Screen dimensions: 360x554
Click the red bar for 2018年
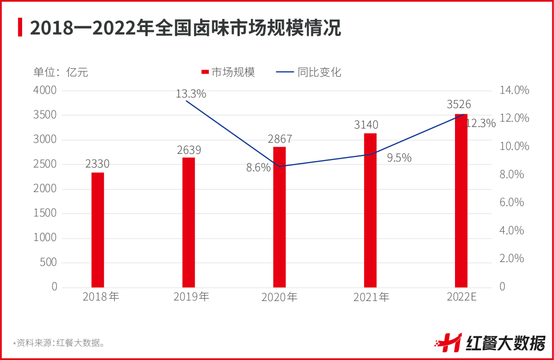tap(97, 230)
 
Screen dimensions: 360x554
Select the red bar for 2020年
tap(280, 217)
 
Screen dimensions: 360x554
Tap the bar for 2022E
tap(461, 201)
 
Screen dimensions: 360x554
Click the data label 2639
tap(188, 150)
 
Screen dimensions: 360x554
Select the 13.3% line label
tap(191, 94)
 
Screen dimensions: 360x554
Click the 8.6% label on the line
tap(258, 167)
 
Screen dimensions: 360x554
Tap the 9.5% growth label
tap(399, 158)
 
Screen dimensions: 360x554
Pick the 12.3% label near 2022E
tap(482, 123)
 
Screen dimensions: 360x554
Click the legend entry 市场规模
tap(229, 72)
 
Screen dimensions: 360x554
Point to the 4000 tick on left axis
tap(47, 91)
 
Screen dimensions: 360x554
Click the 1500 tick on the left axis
tap(47, 214)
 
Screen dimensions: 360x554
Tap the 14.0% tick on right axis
tap(514, 91)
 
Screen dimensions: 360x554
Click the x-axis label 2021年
tap(371, 297)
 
